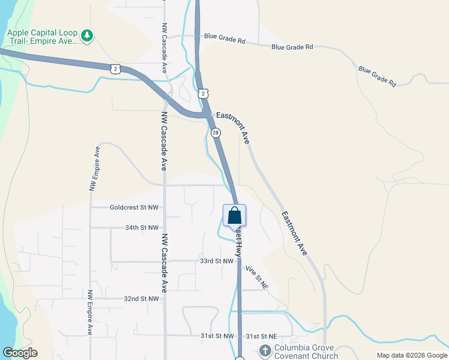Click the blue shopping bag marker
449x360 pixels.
234,215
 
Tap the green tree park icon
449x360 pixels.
88,36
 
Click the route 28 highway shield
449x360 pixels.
215,133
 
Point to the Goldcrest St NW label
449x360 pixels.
134,208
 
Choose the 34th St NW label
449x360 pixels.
142,228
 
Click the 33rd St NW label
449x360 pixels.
216,261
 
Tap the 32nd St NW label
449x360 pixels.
142,298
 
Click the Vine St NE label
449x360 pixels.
256,277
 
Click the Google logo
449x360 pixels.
20,353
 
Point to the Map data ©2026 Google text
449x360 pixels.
411,355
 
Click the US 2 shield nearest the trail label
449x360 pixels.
116,69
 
